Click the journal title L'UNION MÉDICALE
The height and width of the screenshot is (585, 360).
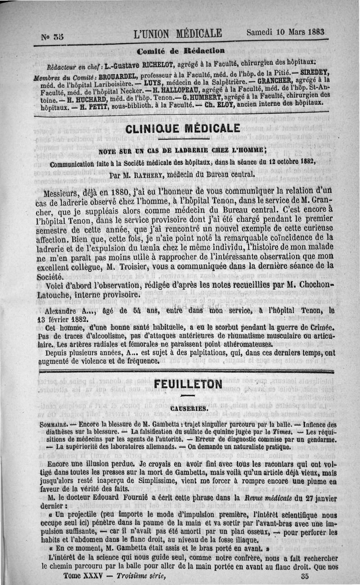coord(178,34)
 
